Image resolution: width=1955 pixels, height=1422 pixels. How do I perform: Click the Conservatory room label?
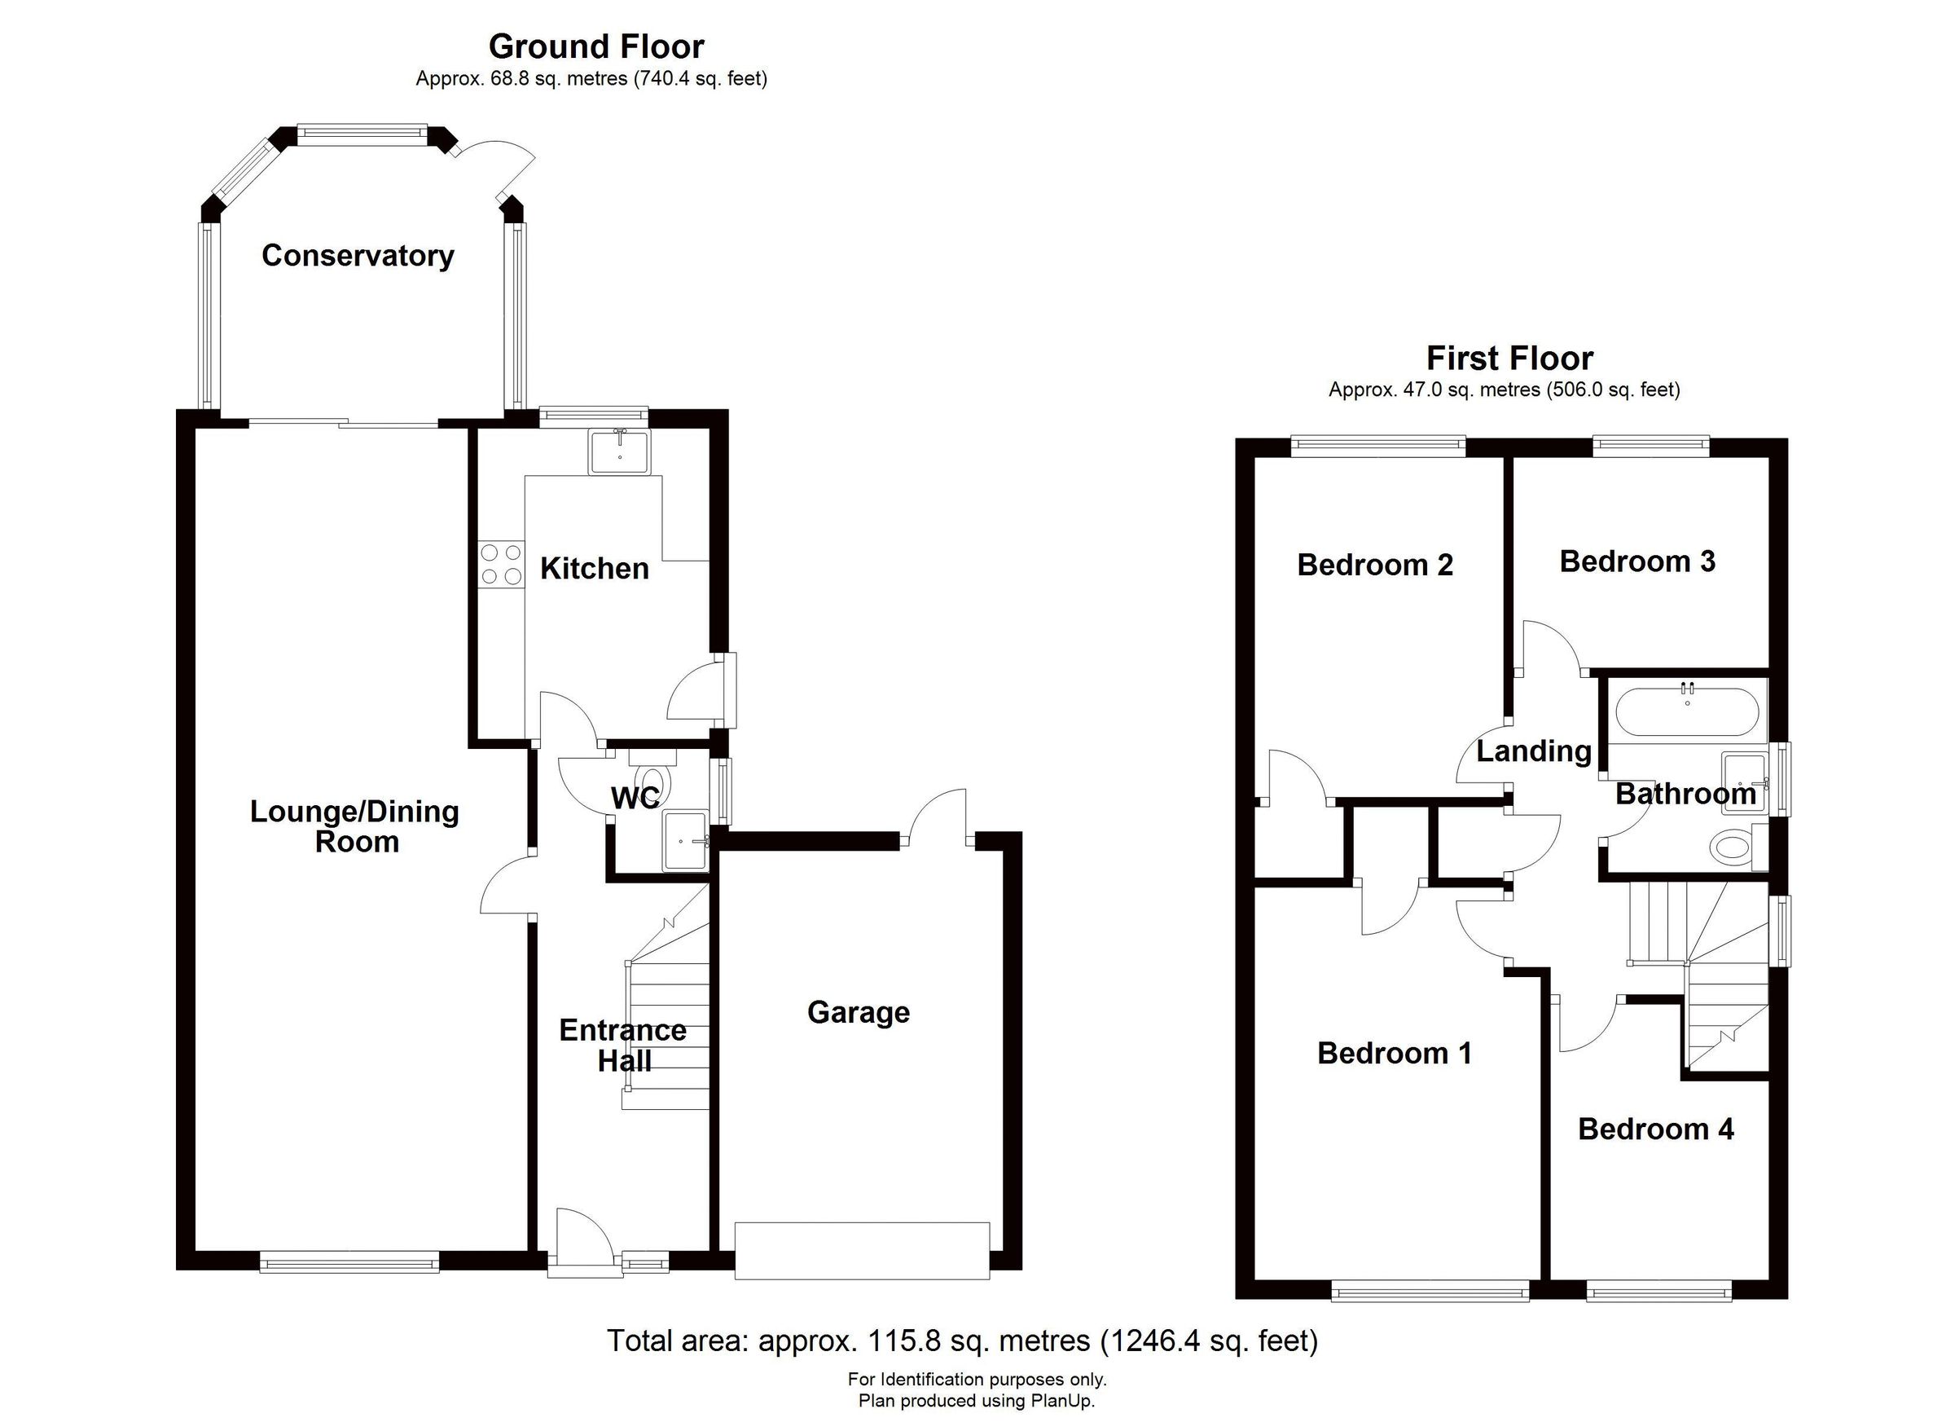(358, 256)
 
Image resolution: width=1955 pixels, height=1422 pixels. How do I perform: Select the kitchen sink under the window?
(620, 453)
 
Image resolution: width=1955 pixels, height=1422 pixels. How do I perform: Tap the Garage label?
(859, 1012)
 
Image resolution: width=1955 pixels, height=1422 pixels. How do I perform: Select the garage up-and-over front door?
(861, 1250)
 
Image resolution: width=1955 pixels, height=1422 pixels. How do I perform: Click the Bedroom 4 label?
(1655, 1129)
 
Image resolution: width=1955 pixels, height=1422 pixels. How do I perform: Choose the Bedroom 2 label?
(1374, 566)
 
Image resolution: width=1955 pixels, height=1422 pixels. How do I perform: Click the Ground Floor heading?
(595, 46)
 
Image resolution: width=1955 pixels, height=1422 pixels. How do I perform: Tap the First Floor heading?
(1509, 358)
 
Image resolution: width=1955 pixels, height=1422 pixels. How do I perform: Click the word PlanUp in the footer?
(1064, 1402)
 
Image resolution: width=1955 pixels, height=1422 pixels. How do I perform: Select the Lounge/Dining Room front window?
(349, 1264)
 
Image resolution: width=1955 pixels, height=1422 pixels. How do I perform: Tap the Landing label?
(1534, 751)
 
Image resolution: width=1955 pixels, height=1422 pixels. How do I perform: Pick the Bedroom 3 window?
(1650, 445)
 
